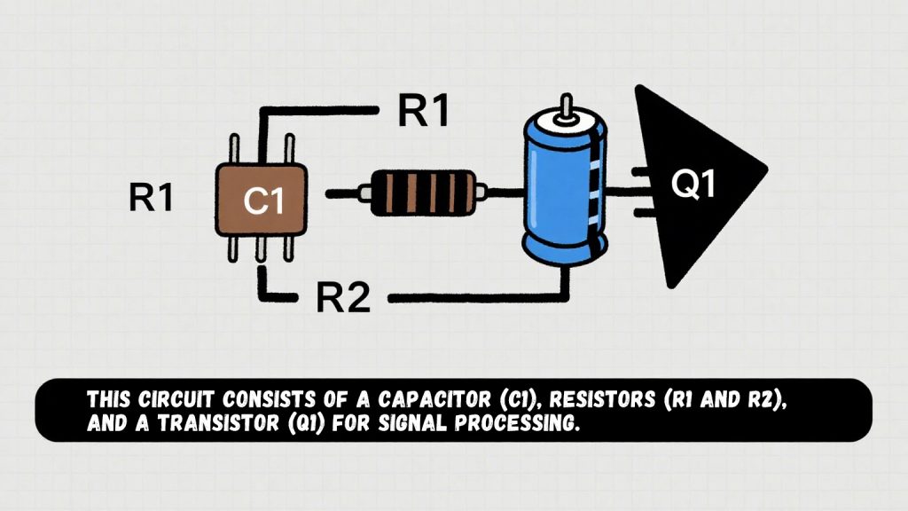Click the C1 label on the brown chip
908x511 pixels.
coord(263,201)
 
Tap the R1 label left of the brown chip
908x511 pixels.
coord(150,199)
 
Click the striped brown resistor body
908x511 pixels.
coord(422,192)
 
